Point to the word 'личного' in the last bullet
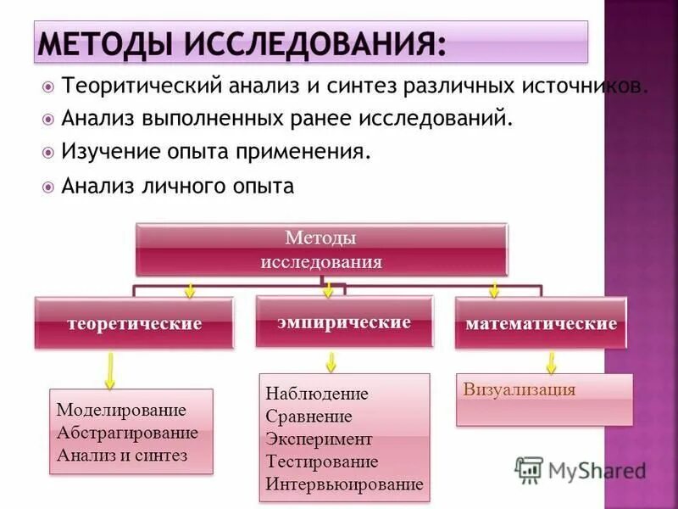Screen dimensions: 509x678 (x=180, y=186)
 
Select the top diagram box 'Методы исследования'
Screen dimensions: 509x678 (x=321, y=249)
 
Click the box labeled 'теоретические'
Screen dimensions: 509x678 (x=134, y=323)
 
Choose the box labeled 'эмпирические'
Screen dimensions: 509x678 (x=343, y=322)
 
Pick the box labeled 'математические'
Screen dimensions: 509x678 (x=541, y=323)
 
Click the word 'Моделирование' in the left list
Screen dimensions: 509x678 (x=121, y=411)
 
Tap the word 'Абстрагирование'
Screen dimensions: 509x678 (x=127, y=433)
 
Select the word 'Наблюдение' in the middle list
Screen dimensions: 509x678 (x=316, y=394)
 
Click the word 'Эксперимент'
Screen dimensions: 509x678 (x=318, y=439)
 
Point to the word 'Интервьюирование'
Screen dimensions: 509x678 (x=343, y=484)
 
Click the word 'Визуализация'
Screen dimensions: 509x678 (x=520, y=390)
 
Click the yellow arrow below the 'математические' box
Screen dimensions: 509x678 (x=551, y=363)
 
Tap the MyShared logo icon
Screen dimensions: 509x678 (x=530, y=469)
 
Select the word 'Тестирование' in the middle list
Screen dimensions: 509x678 (x=321, y=462)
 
